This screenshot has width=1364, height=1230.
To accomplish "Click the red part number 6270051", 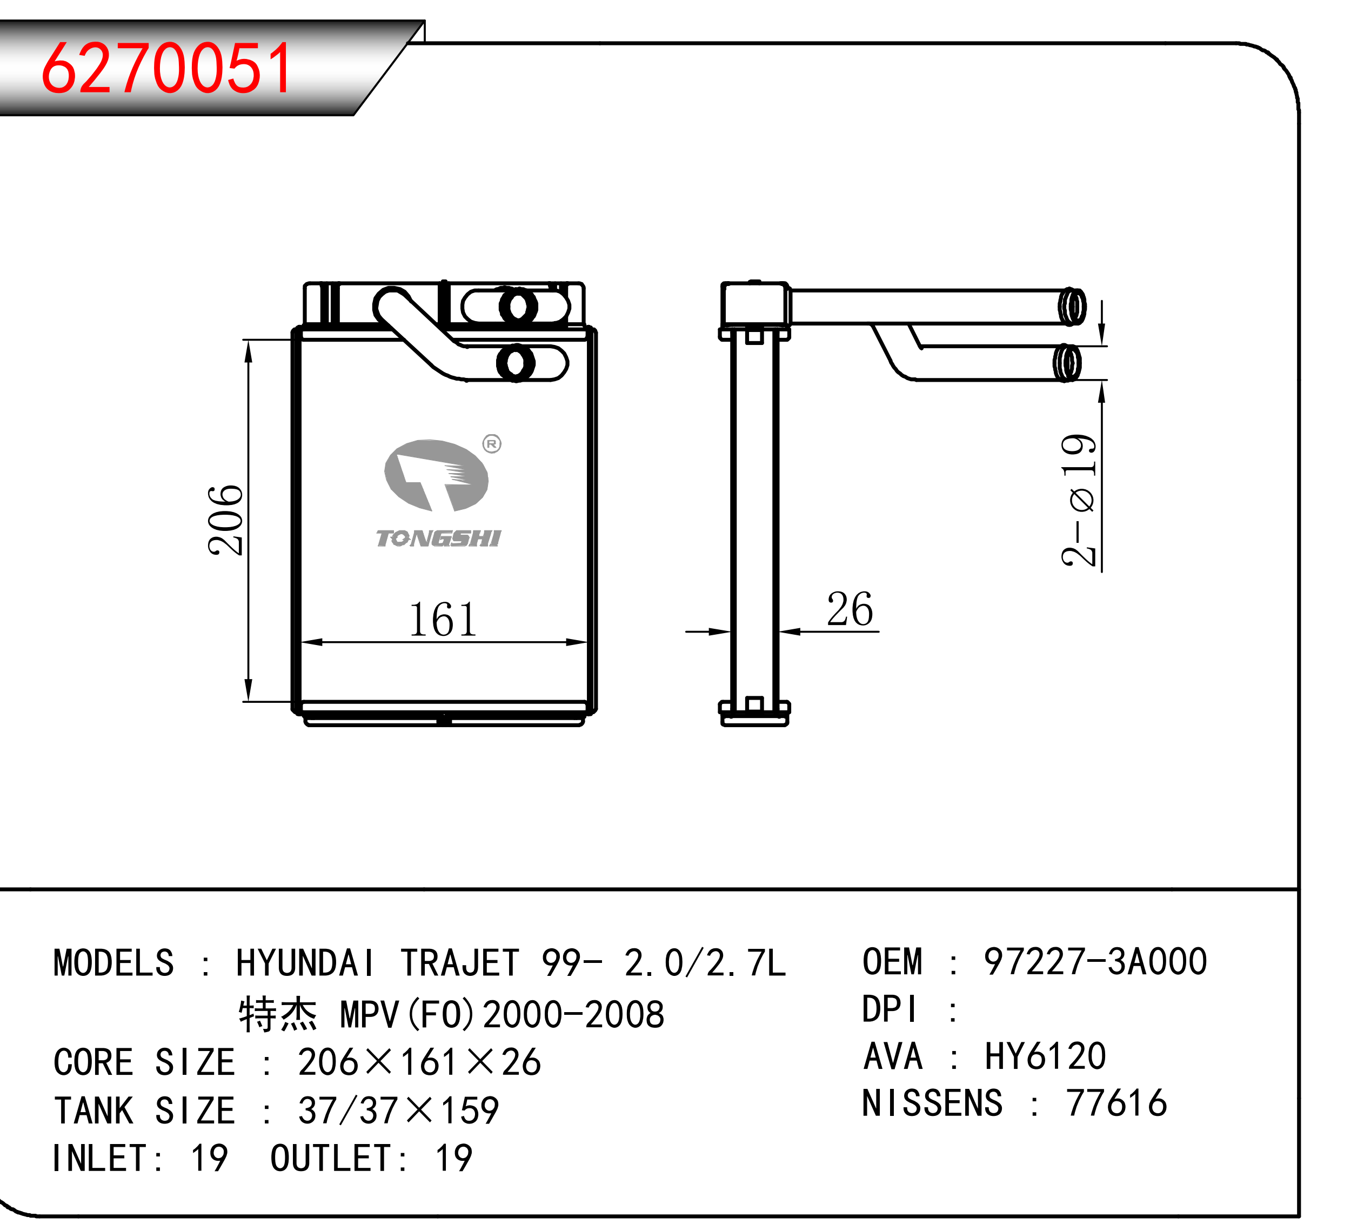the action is tap(166, 68).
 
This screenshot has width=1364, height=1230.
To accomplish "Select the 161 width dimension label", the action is tap(443, 619).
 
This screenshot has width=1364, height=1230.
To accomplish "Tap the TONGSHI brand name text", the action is tap(438, 538).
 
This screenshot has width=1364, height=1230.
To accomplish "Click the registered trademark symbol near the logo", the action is tap(492, 444).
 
